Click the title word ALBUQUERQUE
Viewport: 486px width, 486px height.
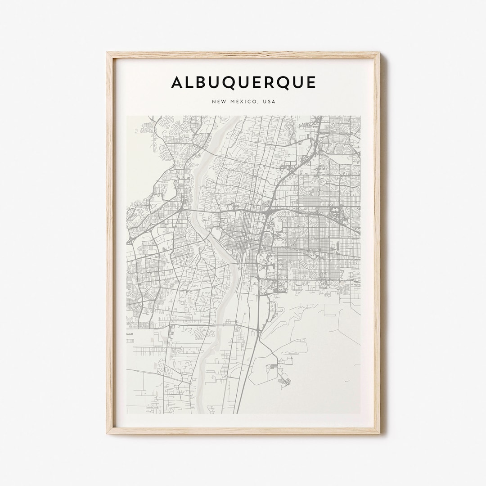[243, 82]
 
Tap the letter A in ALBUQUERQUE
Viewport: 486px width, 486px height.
[177, 82]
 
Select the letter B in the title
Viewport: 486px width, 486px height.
[202, 82]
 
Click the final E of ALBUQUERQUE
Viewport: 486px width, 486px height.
[311, 82]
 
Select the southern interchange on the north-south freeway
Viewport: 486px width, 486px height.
[259, 331]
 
